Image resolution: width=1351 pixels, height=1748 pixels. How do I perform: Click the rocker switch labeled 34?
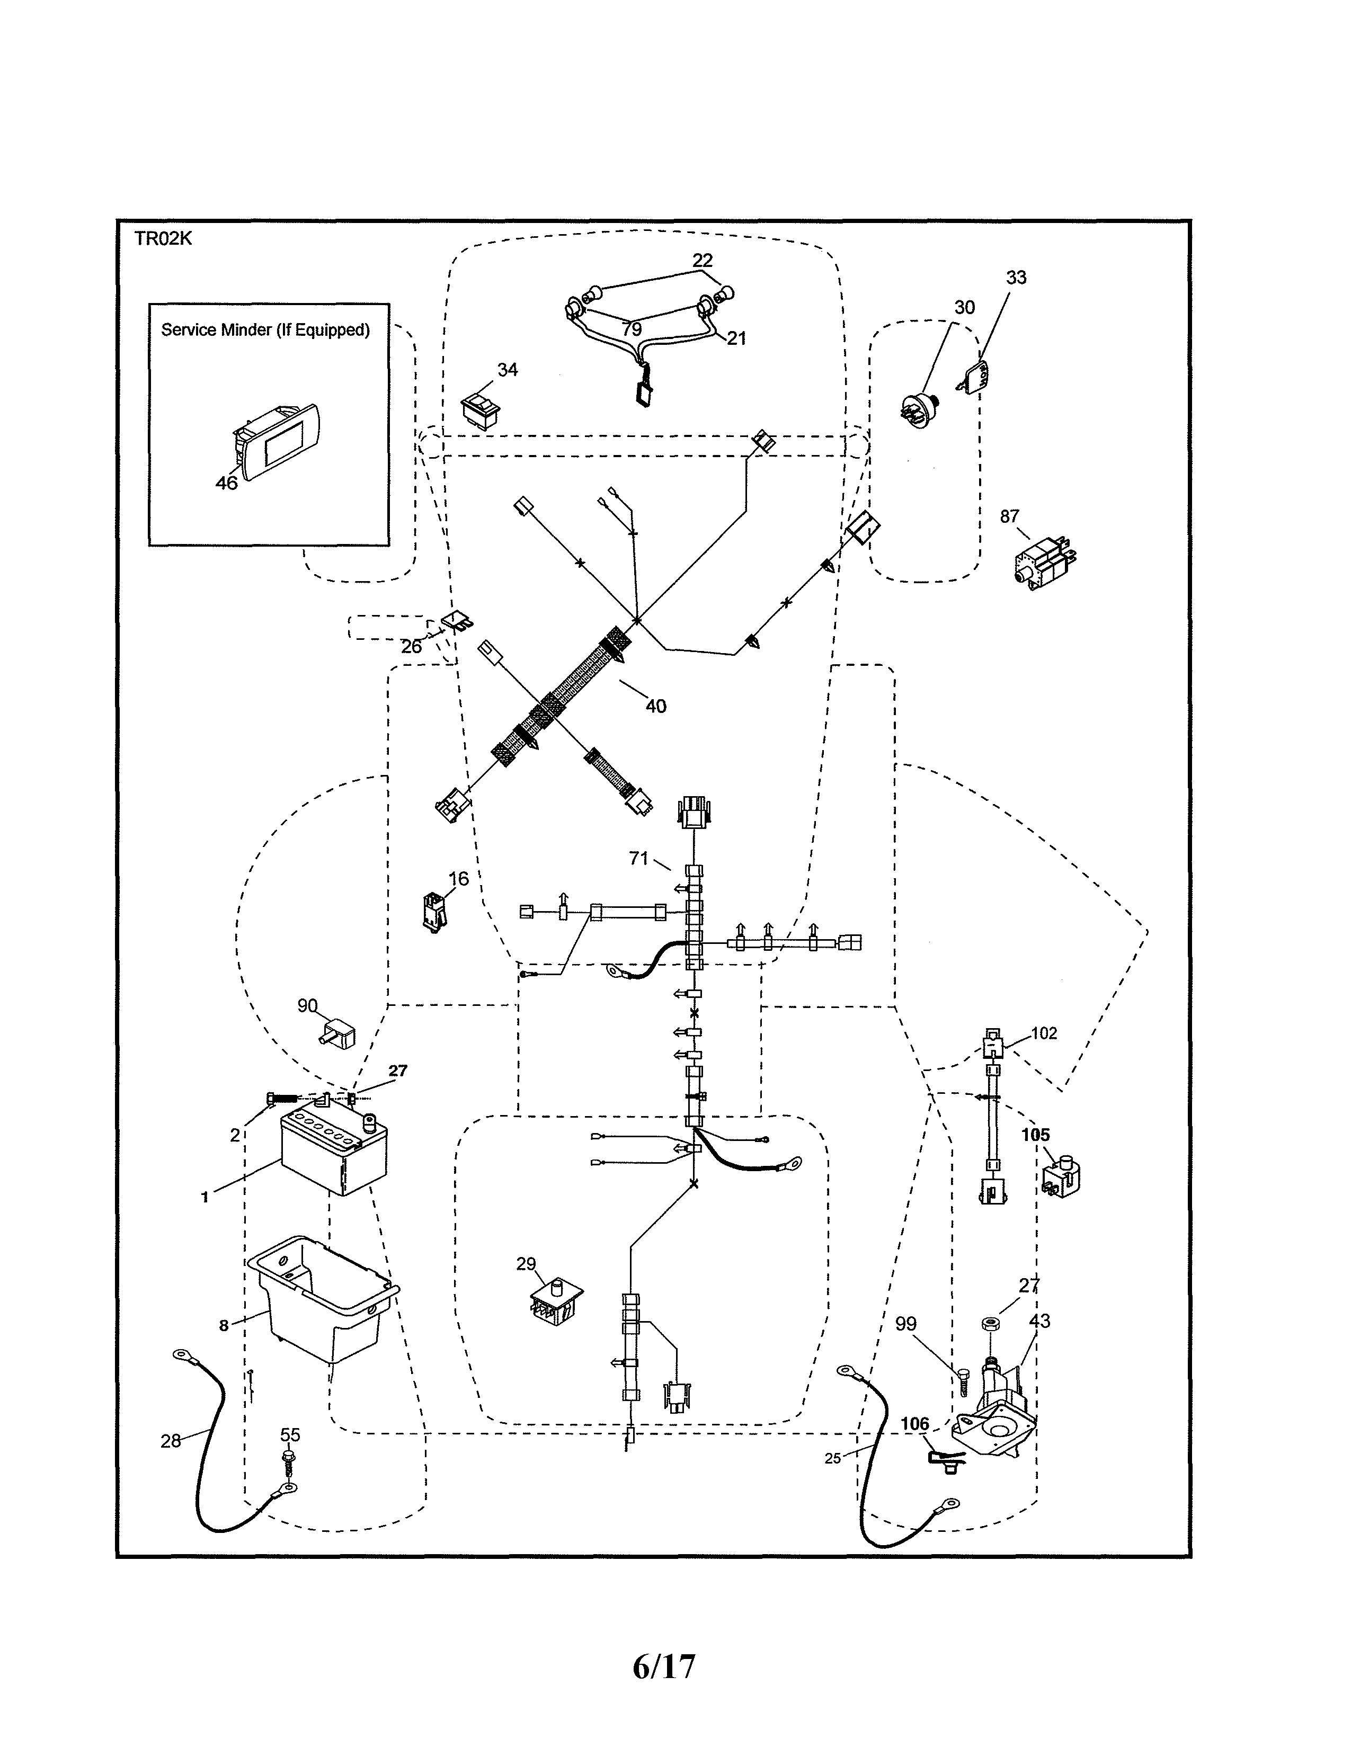tap(480, 410)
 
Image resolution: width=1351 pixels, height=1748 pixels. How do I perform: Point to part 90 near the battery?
tap(339, 1038)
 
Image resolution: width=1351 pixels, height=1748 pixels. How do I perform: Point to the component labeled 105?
tap(1061, 1179)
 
